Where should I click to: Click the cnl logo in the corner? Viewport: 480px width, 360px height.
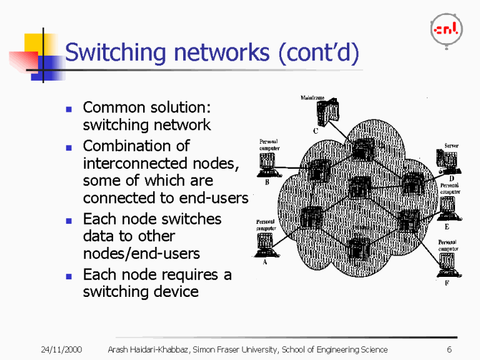point(446,29)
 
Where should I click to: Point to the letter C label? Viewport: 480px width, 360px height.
point(316,131)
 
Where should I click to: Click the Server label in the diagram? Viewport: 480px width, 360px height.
point(451,146)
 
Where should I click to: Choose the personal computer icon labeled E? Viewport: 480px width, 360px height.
point(447,209)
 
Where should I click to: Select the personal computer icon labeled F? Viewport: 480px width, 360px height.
point(447,266)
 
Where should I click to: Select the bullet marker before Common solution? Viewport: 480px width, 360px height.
point(69,108)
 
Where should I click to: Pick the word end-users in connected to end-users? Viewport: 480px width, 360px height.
point(216,198)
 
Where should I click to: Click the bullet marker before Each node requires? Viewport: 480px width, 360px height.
point(69,276)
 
